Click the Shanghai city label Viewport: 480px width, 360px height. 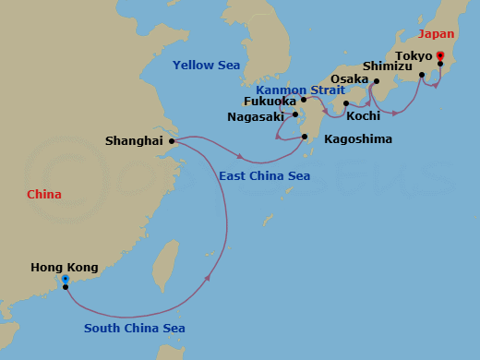click(135, 141)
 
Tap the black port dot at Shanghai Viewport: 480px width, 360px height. click(172, 141)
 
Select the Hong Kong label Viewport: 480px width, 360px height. click(63, 268)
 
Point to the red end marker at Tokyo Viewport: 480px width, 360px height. click(439, 56)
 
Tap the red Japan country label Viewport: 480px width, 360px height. click(437, 34)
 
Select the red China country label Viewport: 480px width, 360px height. click(44, 195)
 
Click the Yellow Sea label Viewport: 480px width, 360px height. click(207, 65)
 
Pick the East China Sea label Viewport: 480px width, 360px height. click(264, 175)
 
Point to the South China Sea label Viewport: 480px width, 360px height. click(135, 329)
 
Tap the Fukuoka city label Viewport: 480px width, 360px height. click(270, 102)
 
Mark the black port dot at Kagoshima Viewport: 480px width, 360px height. click(306, 138)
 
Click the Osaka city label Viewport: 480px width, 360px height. click(350, 80)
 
